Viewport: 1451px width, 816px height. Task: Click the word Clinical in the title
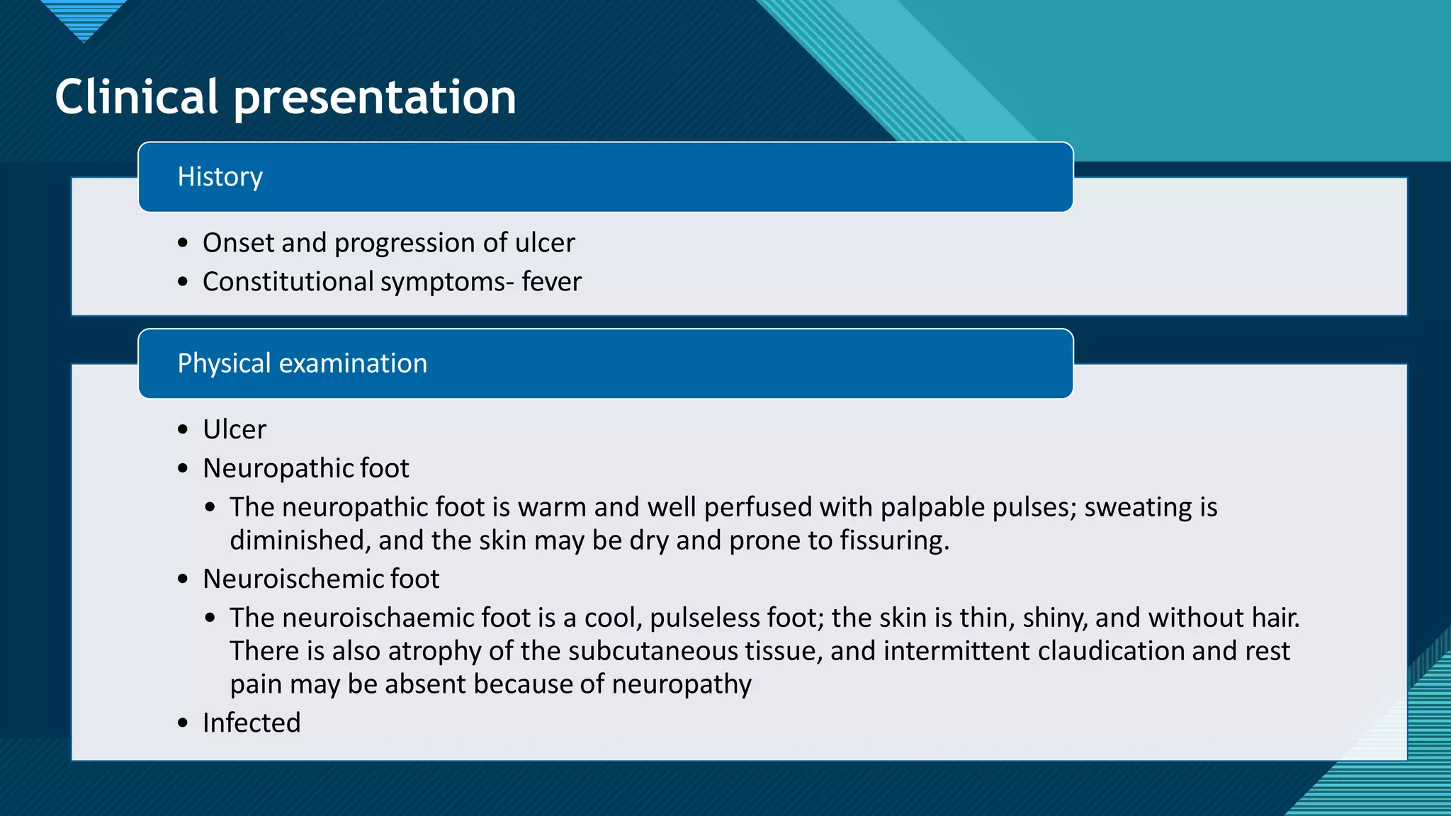click(x=136, y=97)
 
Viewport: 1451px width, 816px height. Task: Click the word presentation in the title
click(x=375, y=98)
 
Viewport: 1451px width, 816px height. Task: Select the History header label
click(x=220, y=177)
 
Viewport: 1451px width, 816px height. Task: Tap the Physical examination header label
click(x=302, y=363)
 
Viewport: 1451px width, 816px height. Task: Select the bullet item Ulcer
click(x=235, y=429)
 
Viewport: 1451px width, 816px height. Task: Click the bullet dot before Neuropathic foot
click(x=184, y=468)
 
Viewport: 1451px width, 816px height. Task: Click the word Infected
click(x=252, y=722)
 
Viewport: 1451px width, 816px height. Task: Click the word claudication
click(x=1110, y=651)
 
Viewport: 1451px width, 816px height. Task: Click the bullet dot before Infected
click(x=184, y=723)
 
